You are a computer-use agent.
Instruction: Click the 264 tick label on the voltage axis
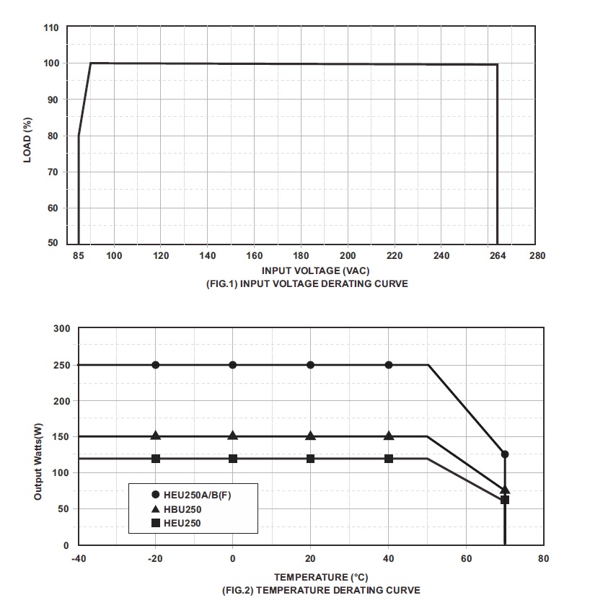[497, 256]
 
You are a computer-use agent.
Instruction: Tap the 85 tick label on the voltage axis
[79, 256]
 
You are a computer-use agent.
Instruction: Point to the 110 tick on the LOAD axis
[50, 27]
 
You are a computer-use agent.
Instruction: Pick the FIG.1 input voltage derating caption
[307, 284]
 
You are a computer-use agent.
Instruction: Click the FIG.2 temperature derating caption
[311, 591]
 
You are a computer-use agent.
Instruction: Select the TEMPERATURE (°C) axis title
[311, 578]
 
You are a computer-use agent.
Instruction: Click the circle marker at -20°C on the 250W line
[155, 365]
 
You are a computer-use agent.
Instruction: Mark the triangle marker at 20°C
[310, 436]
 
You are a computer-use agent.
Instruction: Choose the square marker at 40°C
[389, 459]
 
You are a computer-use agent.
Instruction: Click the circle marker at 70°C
[505, 454]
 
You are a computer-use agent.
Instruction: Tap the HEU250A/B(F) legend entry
[202, 495]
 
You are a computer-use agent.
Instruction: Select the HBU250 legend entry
[183, 509]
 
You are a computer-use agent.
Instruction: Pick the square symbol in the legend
[156, 523]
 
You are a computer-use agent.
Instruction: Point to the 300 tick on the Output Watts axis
[61, 329]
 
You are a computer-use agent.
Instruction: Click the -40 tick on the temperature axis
[78, 559]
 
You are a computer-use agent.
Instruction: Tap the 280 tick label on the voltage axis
[537, 256]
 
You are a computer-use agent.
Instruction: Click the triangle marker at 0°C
[232, 436]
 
